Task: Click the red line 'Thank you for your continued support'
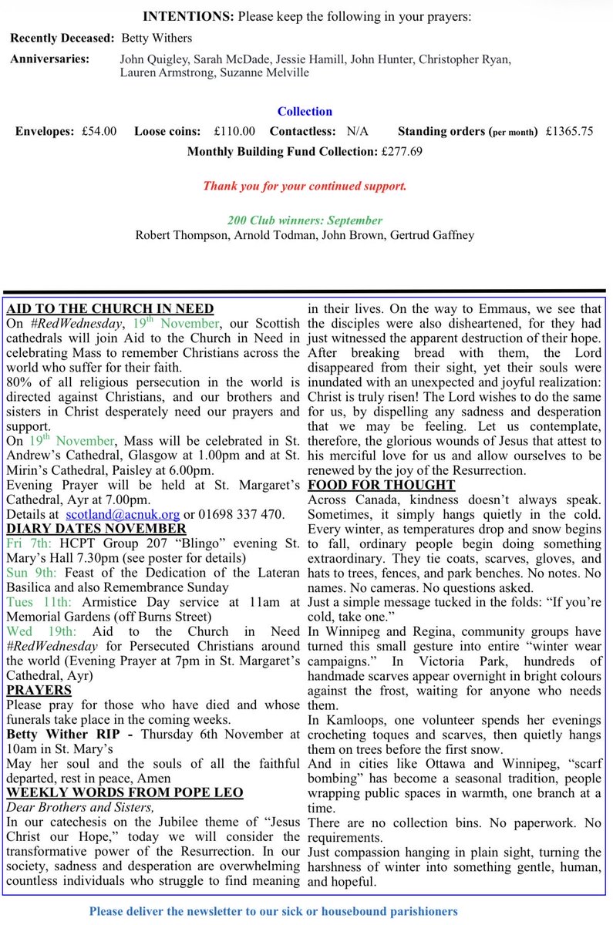[305, 187]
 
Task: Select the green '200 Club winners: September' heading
[305, 220]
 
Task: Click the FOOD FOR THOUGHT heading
[381, 485]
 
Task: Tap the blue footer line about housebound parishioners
[273, 910]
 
